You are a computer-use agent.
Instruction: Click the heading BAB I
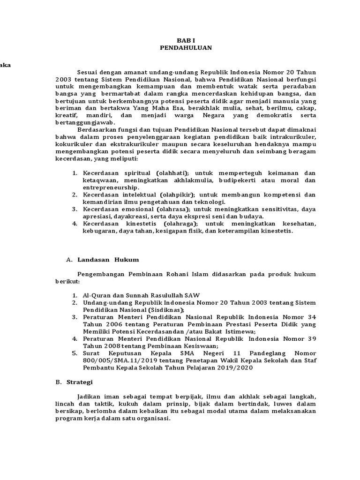(185, 40)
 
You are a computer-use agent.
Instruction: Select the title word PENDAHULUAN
(186, 47)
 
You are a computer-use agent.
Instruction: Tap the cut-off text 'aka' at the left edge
(5, 65)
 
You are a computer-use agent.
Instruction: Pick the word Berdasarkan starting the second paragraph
(96, 129)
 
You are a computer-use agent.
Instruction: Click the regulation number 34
(312, 317)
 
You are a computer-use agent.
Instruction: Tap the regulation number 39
(312, 339)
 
